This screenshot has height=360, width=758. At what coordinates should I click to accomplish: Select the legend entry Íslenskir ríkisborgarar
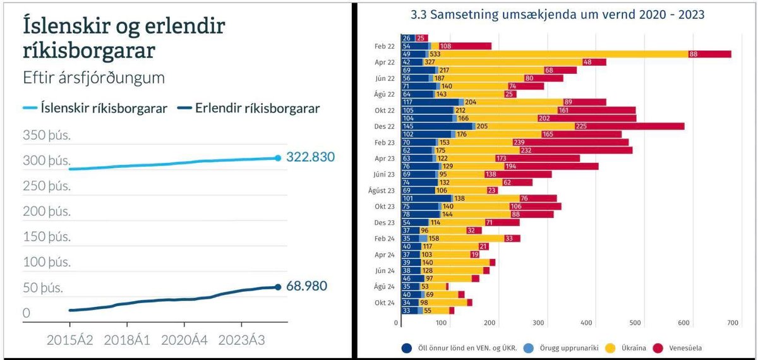coord(95,109)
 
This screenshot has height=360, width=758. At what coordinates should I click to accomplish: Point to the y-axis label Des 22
coord(384,126)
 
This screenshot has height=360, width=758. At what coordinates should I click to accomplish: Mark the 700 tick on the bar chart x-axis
coord(732,323)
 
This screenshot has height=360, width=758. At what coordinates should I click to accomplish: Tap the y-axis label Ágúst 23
coord(381,190)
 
